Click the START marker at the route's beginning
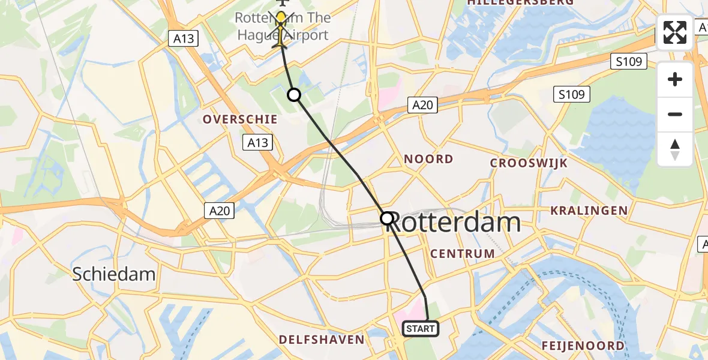point(421,329)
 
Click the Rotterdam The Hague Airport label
point(282,26)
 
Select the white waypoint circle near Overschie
point(294,95)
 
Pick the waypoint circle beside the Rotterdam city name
point(387,218)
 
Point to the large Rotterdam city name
point(453,223)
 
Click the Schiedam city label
point(114,275)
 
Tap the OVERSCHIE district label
point(240,119)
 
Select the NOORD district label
point(428,159)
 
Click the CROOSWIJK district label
point(529,163)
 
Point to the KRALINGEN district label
point(589,211)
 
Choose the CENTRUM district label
point(463,254)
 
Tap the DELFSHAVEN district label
point(322,340)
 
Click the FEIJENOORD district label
point(583,346)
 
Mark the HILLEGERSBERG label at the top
point(520,2)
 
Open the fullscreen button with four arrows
point(675,32)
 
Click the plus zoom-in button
point(675,79)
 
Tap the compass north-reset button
point(675,149)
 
